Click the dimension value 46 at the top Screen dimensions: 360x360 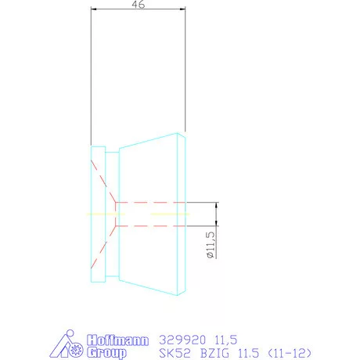point(138,5)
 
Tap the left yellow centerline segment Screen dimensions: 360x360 point(100,214)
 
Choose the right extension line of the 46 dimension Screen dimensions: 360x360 point(185,70)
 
